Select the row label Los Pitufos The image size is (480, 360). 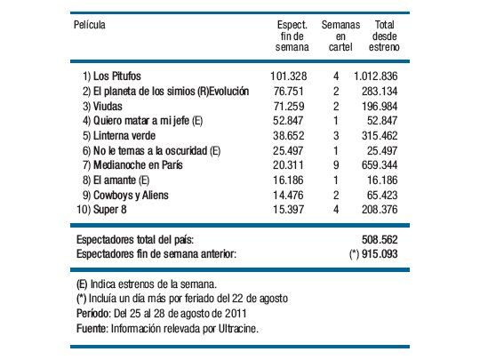116,77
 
